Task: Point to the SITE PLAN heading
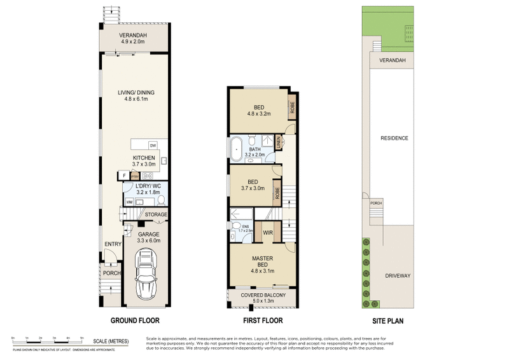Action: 390,321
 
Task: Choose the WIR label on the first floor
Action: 268,232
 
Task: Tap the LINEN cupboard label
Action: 279,145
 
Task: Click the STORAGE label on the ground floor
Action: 156,215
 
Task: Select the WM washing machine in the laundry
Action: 129,202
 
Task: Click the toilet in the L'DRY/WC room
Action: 160,200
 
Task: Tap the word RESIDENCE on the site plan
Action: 394,138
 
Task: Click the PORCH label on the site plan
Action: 376,204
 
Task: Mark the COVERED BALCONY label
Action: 263,295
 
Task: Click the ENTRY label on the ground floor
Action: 113,243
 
